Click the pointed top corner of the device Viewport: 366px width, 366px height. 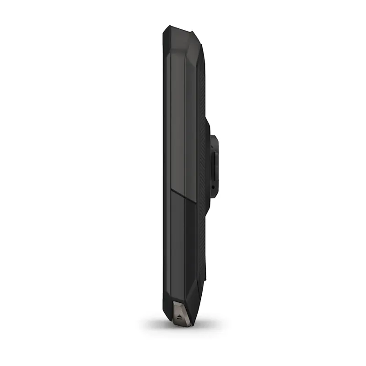pyautogui.click(x=166, y=27)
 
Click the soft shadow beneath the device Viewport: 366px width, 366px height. pyautogui.click(x=183, y=326)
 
